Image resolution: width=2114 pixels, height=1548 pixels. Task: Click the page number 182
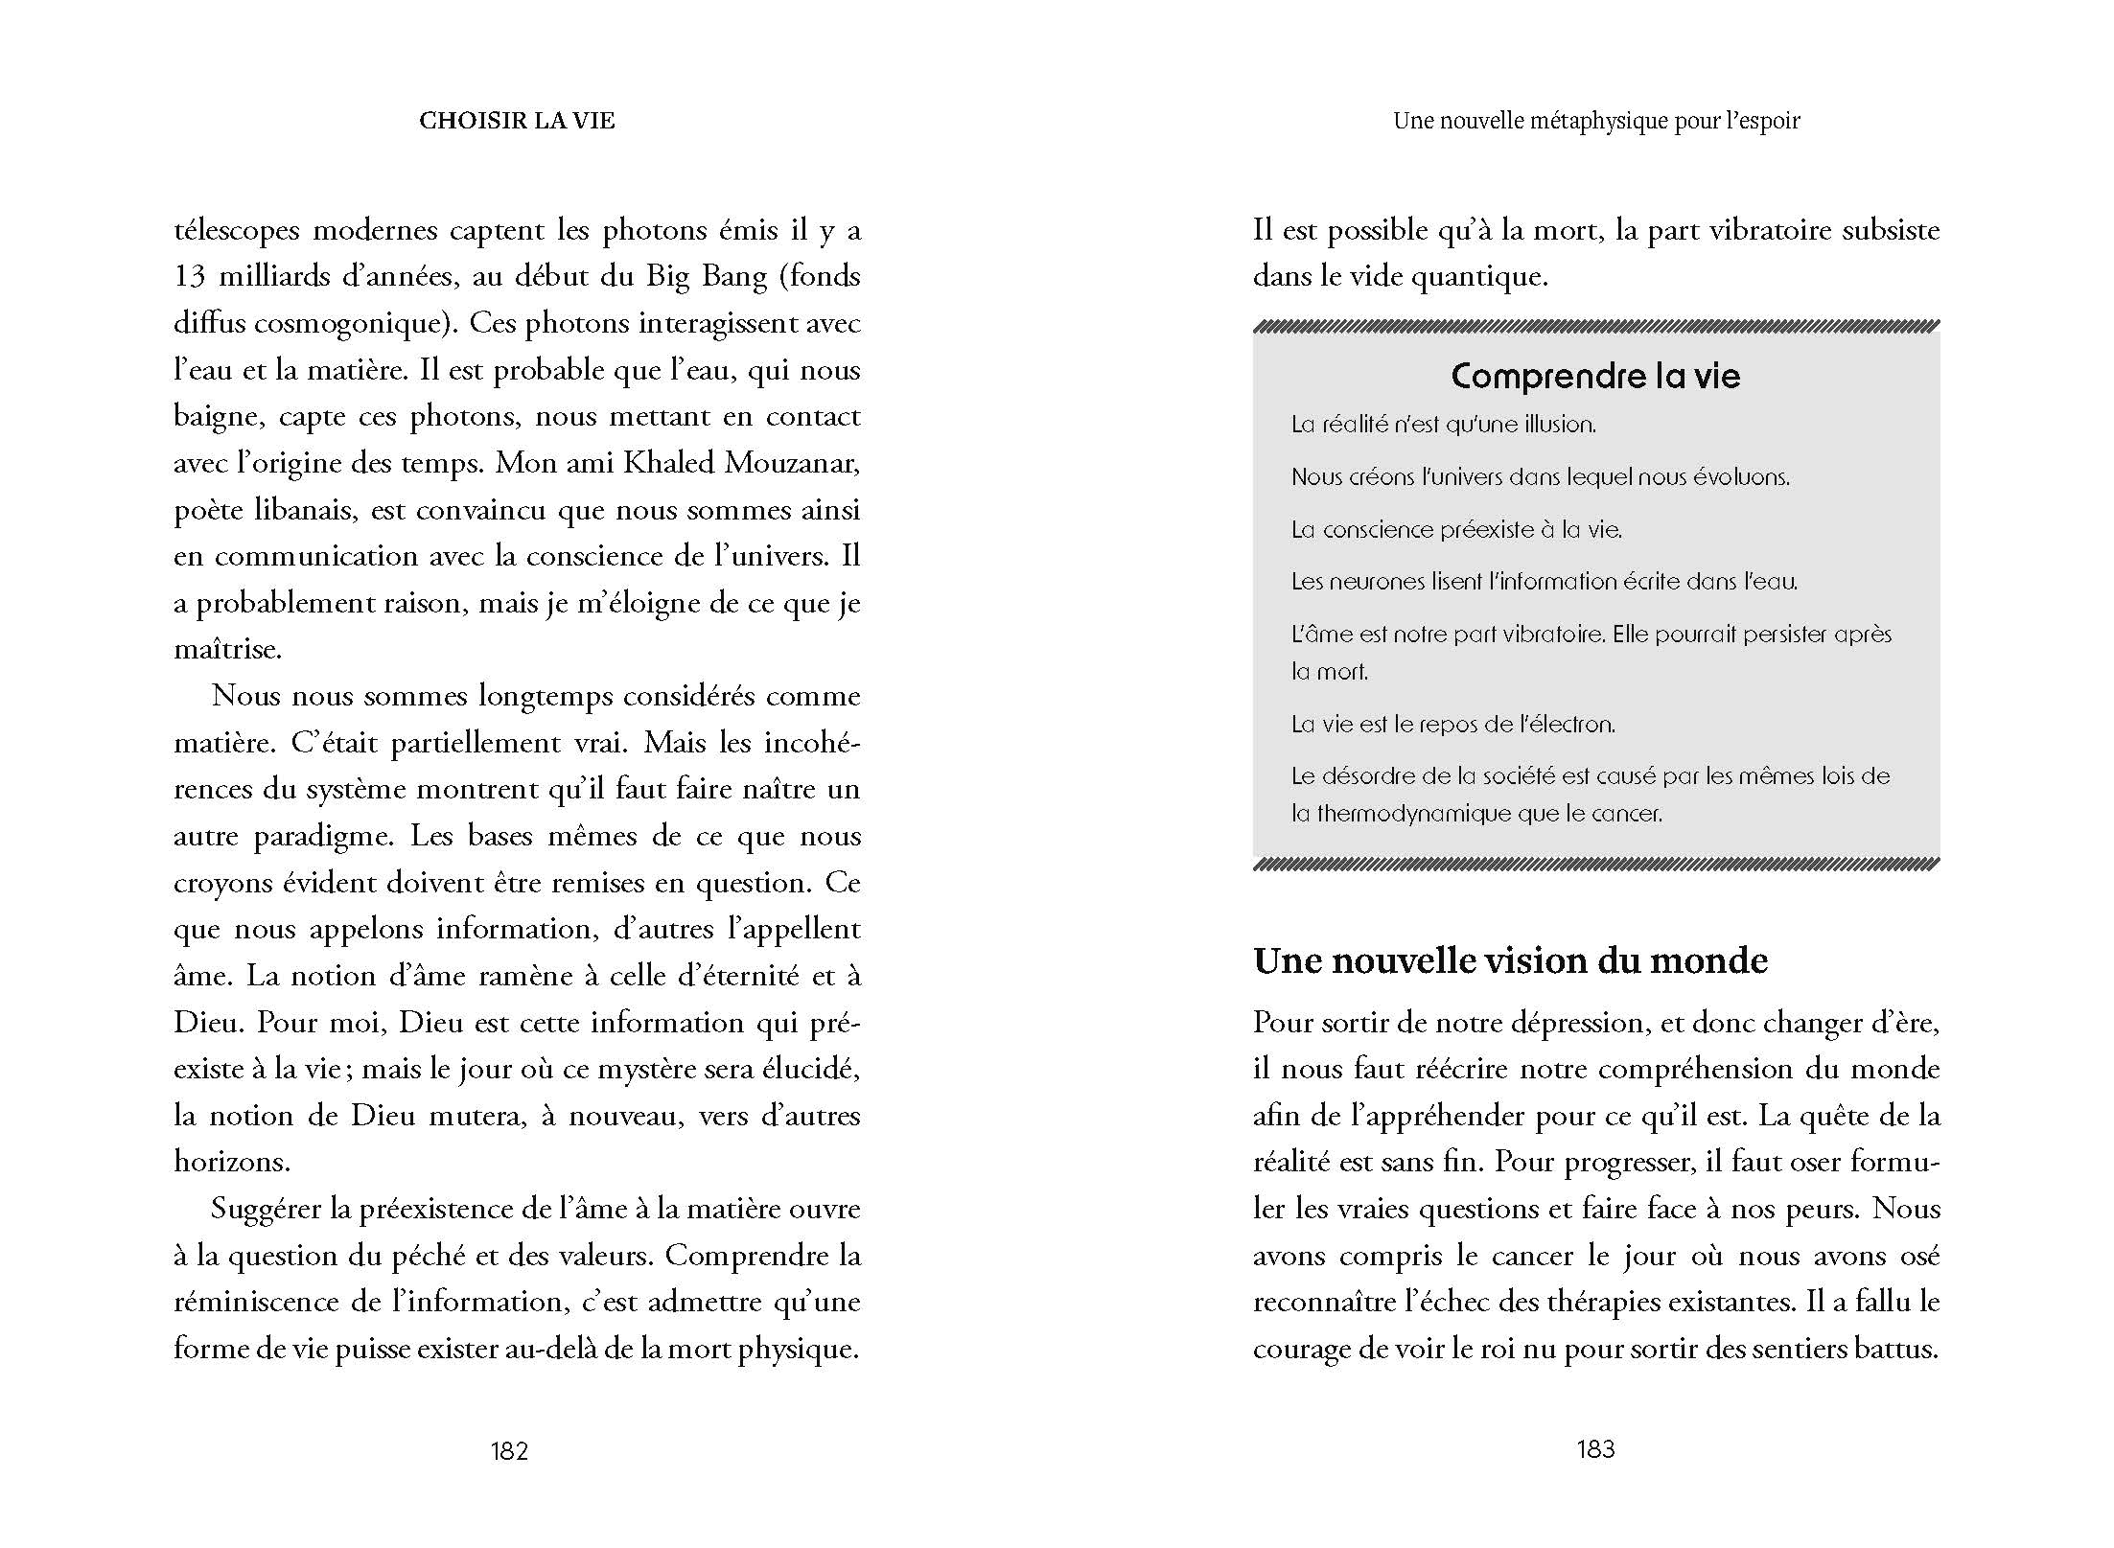pos(509,1450)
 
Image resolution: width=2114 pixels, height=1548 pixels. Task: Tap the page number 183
pos(1595,1448)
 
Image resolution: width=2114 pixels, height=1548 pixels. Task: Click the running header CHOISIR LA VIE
pos(517,121)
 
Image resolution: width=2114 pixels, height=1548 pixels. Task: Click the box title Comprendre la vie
pos(1595,376)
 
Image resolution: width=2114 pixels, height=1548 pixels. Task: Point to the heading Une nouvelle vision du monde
pos(1510,960)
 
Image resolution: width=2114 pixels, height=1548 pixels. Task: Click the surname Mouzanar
pos(792,463)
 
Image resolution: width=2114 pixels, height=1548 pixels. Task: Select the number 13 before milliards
pos(190,277)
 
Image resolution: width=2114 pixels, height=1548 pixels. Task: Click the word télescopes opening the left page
pos(236,231)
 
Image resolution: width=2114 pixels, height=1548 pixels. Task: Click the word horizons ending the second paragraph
pos(231,1162)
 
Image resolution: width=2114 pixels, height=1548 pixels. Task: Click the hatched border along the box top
pos(1595,326)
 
